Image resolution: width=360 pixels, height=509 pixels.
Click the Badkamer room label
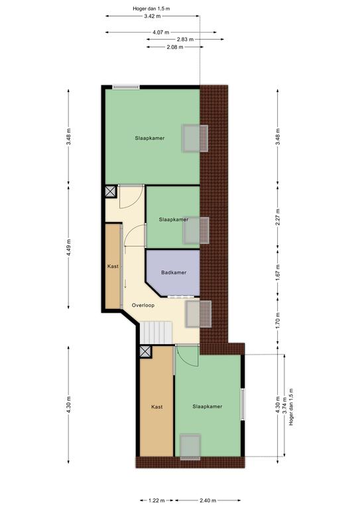[x=174, y=272]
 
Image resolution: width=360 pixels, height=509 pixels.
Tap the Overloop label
[x=143, y=305]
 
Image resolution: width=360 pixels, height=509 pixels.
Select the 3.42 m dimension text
[x=152, y=16]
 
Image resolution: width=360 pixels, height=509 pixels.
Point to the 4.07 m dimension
[x=160, y=32]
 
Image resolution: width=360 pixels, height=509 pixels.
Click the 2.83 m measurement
[x=185, y=39]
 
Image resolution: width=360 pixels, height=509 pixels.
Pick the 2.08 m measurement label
[x=174, y=47]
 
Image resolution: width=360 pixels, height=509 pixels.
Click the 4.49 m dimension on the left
[x=68, y=247]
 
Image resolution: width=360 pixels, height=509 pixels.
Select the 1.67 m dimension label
[x=278, y=272]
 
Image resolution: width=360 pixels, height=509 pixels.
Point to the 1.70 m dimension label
[x=278, y=321]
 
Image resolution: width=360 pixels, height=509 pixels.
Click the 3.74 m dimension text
[x=284, y=406]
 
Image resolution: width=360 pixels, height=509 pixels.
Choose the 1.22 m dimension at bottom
[x=156, y=500]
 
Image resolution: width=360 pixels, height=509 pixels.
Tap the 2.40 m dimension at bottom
[x=208, y=500]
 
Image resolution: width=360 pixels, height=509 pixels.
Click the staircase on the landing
[x=156, y=332]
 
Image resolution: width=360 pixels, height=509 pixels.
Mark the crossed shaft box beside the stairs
[x=145, y=351]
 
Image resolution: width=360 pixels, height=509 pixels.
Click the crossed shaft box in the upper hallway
[x=111, y=192]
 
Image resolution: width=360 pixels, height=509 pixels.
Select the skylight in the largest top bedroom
[x=195, y=139]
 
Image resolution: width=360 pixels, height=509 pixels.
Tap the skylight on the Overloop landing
[x=198, y=314]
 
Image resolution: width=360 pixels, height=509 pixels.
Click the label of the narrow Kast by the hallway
[x=113, y=266]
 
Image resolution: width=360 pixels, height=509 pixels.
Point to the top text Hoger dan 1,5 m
[x=151, y=9]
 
